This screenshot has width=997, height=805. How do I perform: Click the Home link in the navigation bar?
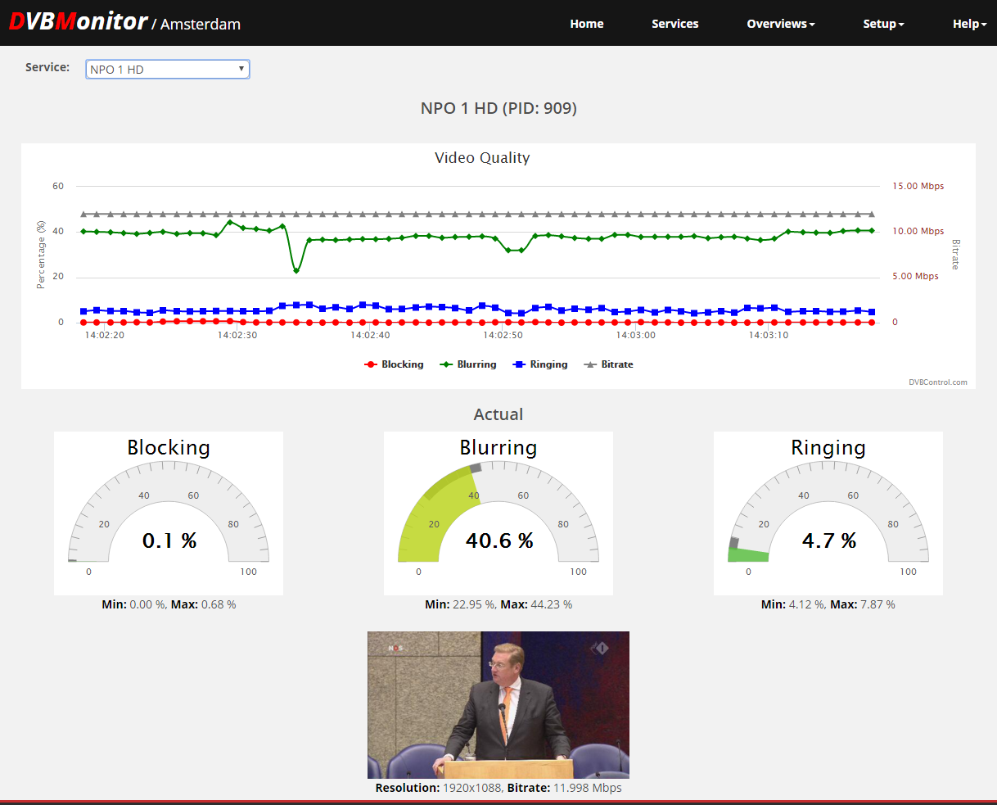pos(587,24)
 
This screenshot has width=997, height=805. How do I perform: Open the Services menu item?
pos(675,24)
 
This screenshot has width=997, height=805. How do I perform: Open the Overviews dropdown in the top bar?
pos(781,24)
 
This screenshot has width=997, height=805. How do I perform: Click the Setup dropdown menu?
pos(883,24)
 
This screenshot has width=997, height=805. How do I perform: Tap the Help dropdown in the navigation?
pos(969,24)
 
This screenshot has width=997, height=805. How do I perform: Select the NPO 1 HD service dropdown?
pos(168,70)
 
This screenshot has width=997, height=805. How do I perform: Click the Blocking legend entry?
pos(394,364)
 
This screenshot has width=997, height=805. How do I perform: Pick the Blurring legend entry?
pos(467,364)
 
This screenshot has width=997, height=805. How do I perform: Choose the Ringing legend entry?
pos(540,364)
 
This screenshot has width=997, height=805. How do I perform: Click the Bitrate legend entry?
pos(608,364)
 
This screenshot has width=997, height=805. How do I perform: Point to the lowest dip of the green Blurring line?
pos(295,271)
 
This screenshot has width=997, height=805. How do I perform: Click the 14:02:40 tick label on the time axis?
pos(370,335)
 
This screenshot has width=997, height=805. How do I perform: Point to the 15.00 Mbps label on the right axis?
pos(918,186)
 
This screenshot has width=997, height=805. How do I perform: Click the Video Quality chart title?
pos(482,158)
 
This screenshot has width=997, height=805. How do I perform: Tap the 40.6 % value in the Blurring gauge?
pos(499,540)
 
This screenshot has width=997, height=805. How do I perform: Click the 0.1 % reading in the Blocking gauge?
pos(169,540)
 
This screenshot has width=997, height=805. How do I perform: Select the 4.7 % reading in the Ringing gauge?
pos(829,540)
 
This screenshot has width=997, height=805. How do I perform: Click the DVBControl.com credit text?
pos(937,382)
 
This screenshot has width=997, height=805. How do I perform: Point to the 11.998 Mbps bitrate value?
pos(588,788)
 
